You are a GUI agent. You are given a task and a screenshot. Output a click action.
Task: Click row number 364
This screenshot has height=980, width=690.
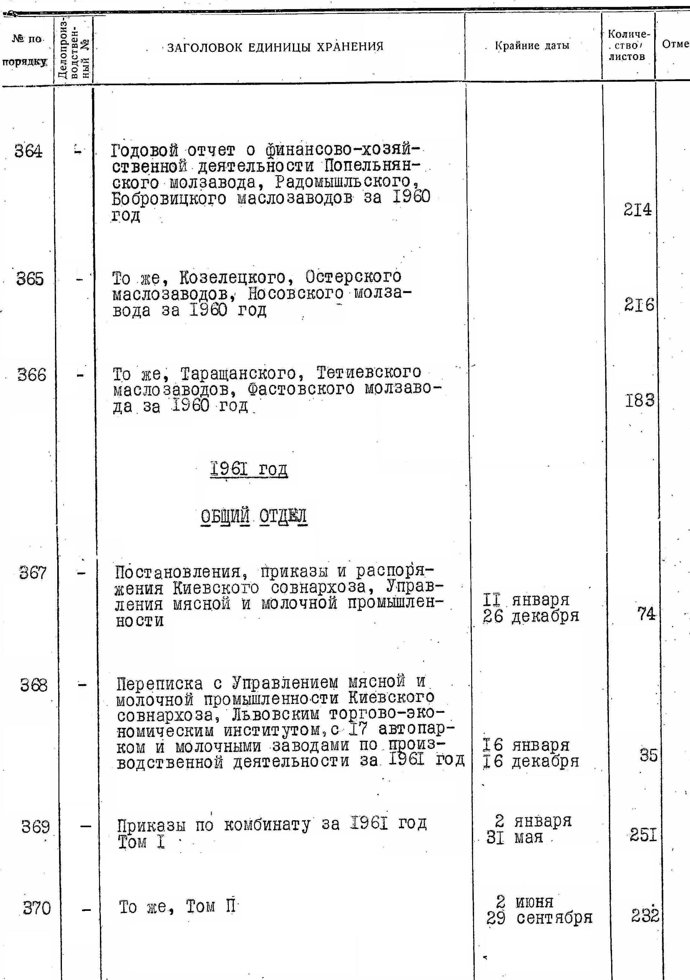(x=29, y=151)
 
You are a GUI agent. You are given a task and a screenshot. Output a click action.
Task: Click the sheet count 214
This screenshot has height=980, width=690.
(x=637, y=210)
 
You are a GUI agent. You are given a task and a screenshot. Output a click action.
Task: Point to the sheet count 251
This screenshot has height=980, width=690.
(x=643, y=834)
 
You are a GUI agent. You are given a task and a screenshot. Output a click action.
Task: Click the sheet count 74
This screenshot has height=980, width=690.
(x=646, y=614)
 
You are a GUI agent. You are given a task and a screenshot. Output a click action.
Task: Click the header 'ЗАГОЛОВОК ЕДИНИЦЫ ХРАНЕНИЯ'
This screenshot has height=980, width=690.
(x=275, y=47)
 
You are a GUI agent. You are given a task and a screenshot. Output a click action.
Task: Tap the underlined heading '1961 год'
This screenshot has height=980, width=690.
(x=249, y=469)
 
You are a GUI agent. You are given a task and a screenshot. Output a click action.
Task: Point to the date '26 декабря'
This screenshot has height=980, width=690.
(x=531, y=616)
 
